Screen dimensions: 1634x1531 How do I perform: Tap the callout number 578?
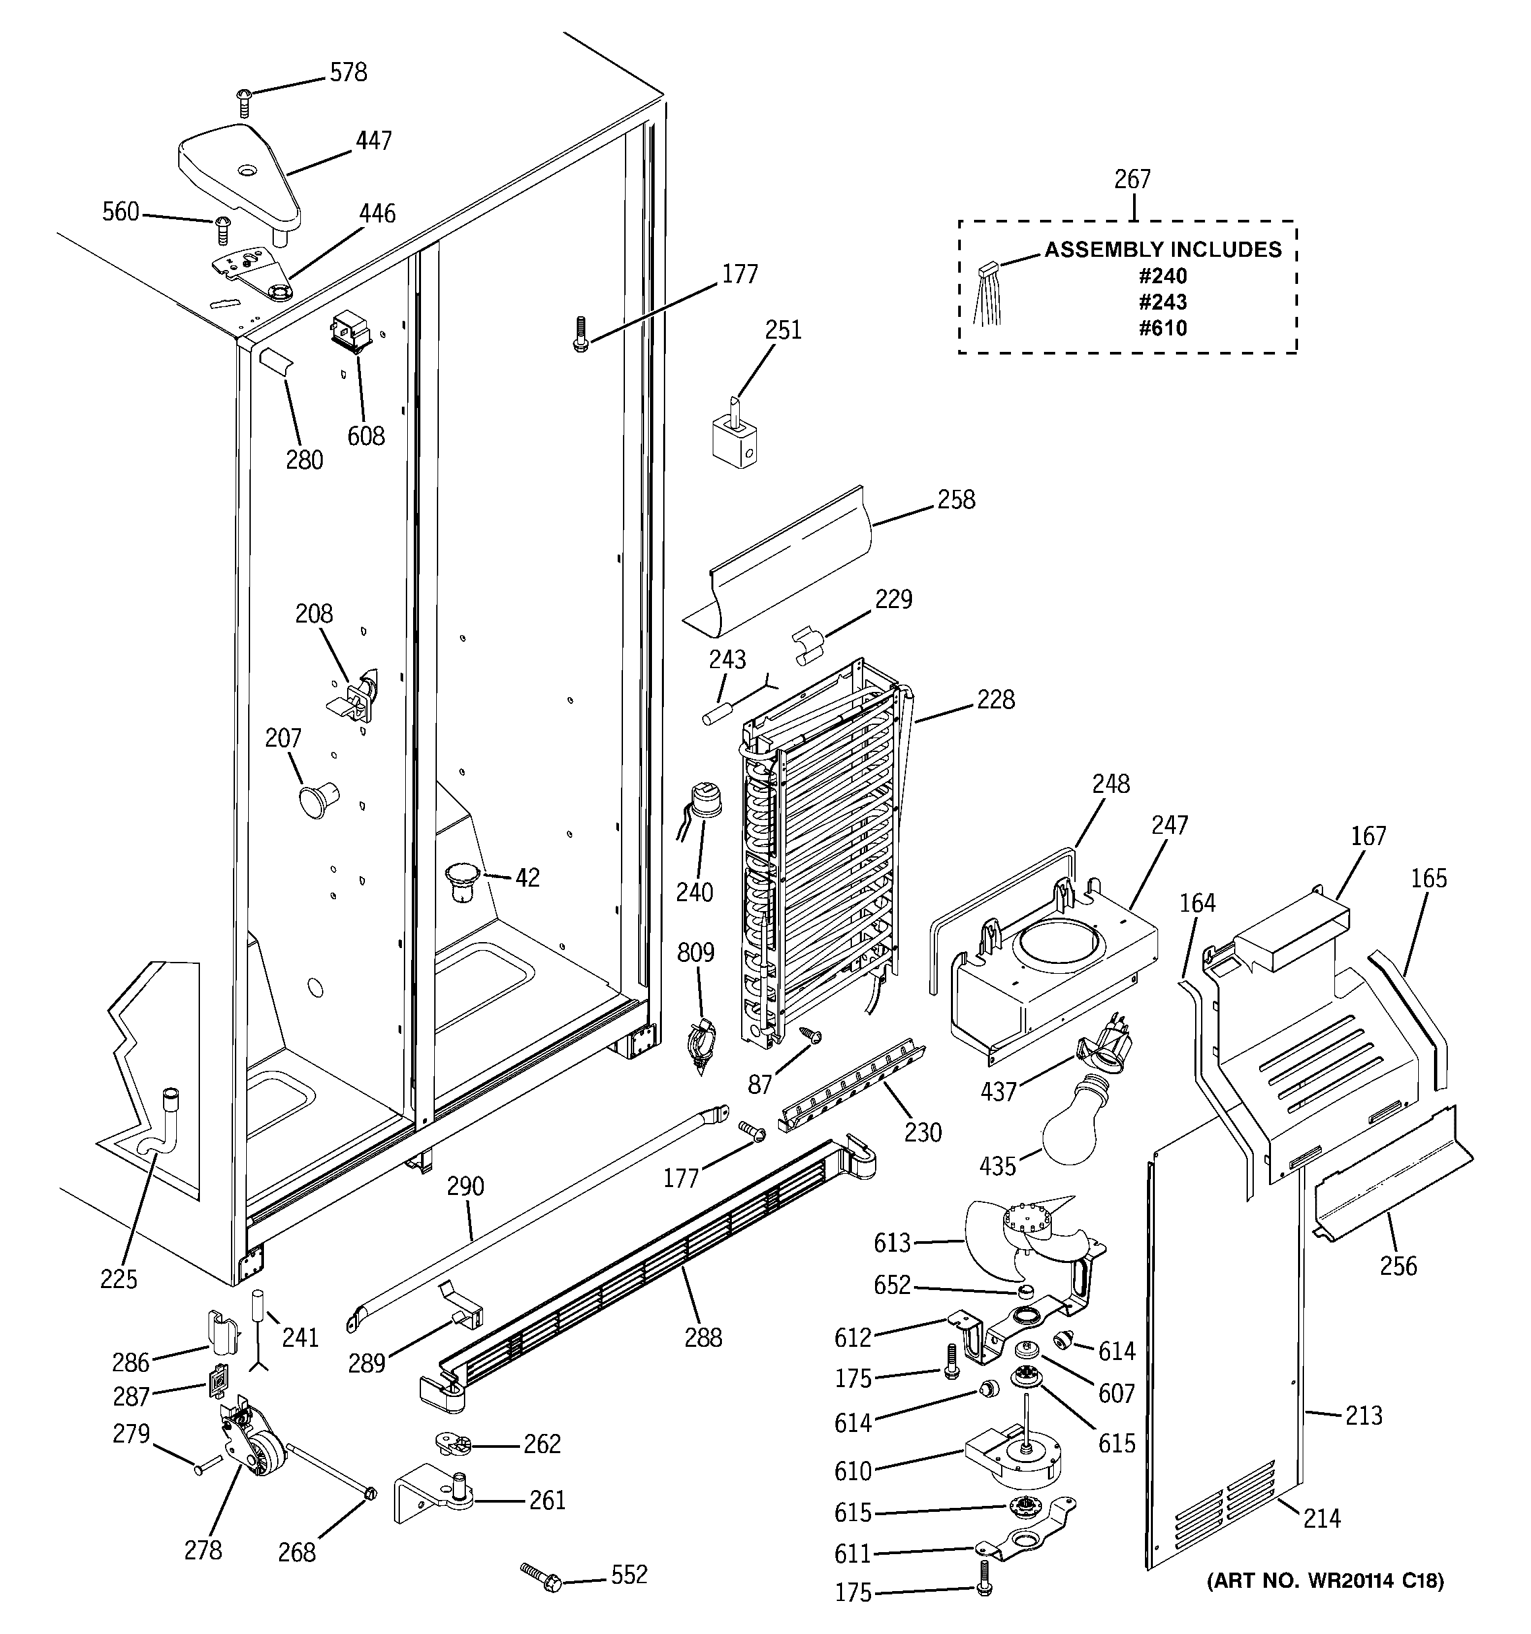click(348, 73)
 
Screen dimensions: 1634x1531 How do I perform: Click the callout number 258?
click(956, 500)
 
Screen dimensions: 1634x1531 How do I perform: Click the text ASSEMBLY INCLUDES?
click(1163, 249)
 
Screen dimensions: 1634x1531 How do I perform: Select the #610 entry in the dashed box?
click(1163, 328)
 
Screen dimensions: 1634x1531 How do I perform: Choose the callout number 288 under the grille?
click(703, 1338)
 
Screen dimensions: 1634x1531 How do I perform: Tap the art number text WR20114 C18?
click(1324, 1580)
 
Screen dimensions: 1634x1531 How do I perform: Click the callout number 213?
click(1363, 1415)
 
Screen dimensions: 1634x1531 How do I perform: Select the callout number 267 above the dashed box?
click(1132, 179)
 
